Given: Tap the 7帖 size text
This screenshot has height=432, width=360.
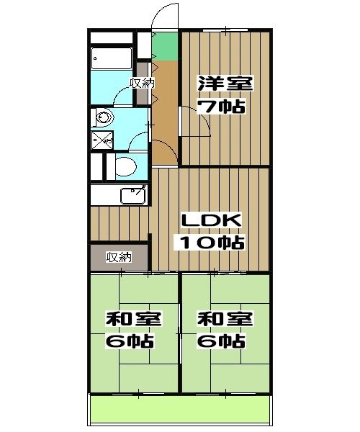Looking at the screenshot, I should click(223, 107).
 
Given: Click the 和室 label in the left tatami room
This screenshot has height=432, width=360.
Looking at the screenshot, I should click(133, 318).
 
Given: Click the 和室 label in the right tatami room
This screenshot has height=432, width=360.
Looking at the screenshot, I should click(224, 318).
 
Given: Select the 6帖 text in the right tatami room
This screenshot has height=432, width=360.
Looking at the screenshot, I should click(224, 341).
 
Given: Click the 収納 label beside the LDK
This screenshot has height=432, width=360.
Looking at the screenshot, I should click(119, 257).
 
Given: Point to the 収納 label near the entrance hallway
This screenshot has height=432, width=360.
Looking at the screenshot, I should click(142, 83).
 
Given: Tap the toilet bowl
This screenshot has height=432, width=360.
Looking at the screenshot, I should click(127, 166).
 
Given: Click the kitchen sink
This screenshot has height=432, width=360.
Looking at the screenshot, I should click(132, 195).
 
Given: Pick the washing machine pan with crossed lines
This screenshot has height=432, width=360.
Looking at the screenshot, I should click(102, 140).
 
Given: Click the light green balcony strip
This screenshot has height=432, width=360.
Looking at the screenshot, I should click(180, 410).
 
